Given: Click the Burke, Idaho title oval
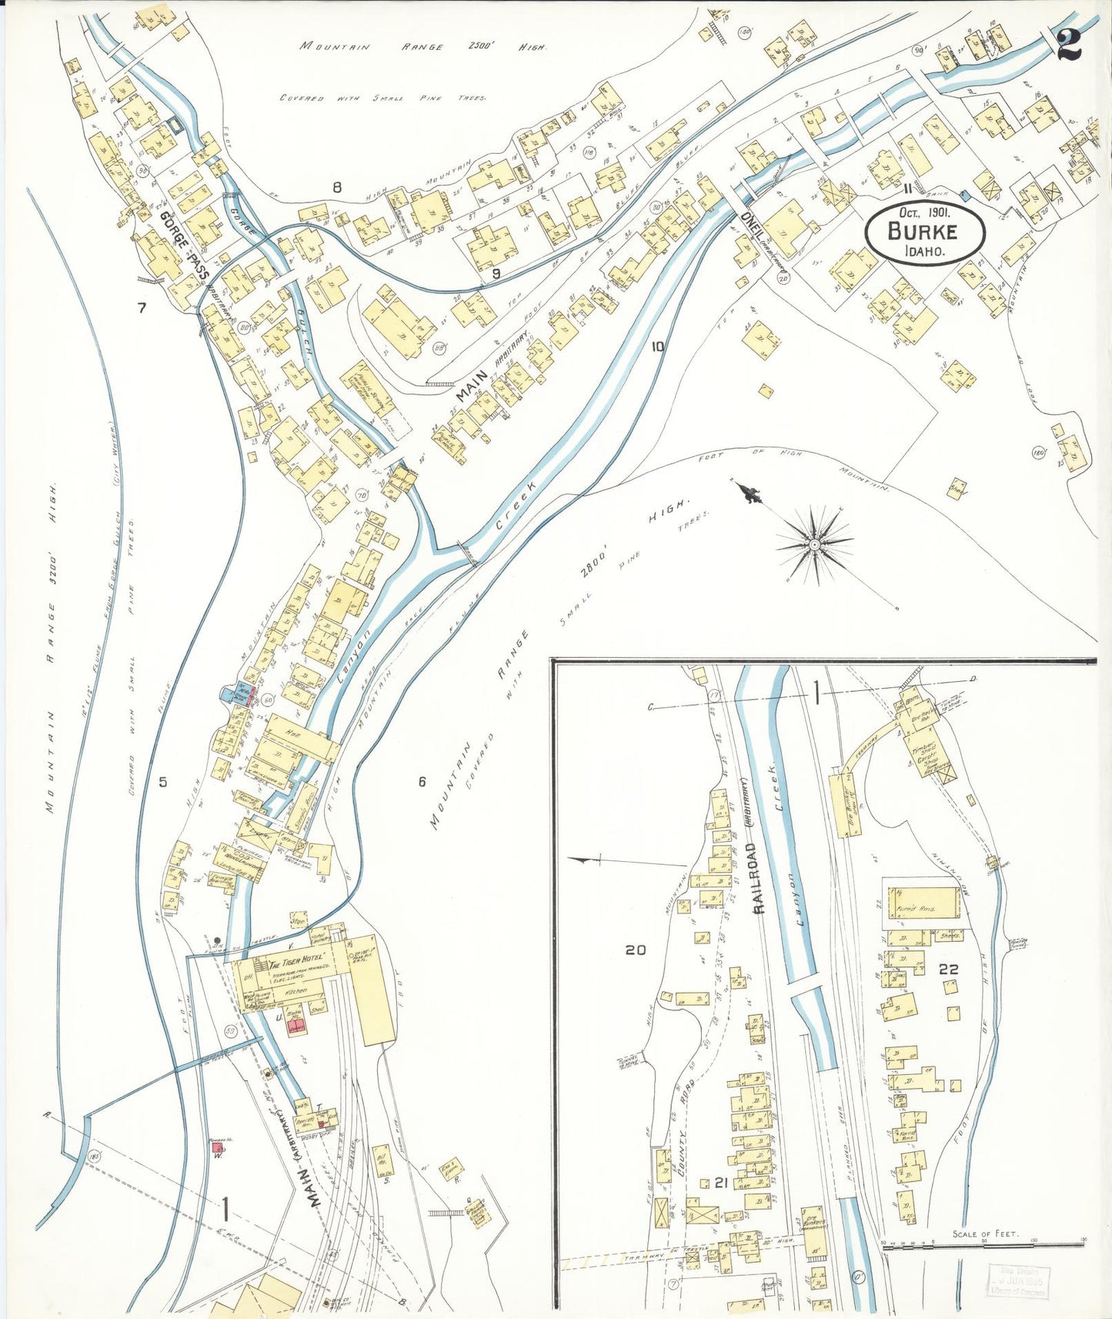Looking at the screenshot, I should [925, 231].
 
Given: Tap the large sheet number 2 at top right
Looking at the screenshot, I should [1068, 44].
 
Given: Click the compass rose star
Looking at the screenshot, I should [814, 545].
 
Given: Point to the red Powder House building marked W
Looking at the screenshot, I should [218, 1147].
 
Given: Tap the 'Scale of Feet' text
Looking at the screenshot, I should [985, 1234].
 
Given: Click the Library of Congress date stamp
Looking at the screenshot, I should [1017, 1281].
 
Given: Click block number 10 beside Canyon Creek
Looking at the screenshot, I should [656, 346].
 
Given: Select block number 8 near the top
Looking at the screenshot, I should [336, 186].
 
